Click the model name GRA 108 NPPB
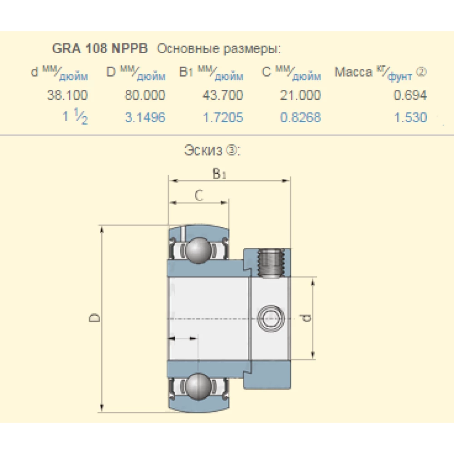click(99, 49)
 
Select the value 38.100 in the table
click(68, 95)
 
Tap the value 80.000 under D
click(145, 95)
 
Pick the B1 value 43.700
click(222, 95)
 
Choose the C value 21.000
click(300, 95)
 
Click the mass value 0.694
click(410, 95)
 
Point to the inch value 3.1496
click(145, 117)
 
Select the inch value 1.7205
click(223, 117)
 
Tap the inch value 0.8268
click(301, 117)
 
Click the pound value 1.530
click(410, 117)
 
